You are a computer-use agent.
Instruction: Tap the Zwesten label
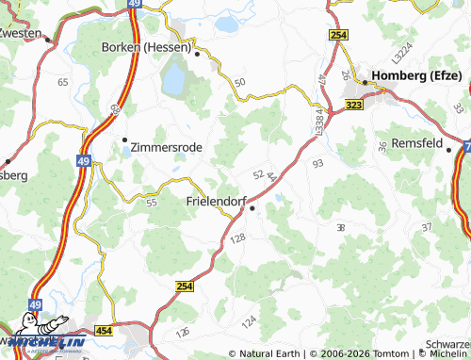tap(21, 32)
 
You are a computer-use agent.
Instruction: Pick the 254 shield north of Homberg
tap(339, 35)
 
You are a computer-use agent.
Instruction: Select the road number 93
tap(317, 164)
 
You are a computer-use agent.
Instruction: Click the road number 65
tap(63, 83)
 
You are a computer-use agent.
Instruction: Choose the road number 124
tap(249, 323)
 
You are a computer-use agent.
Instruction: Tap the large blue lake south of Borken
tap(174, 81)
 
